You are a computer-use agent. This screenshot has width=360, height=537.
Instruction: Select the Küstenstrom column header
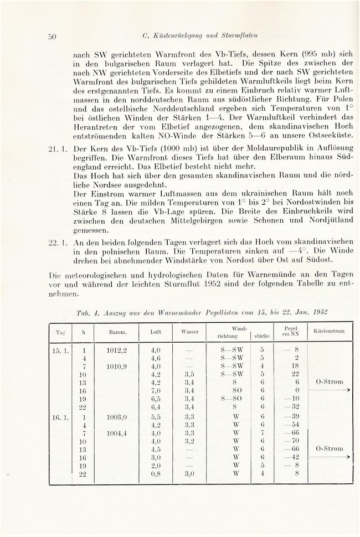pos(329,331)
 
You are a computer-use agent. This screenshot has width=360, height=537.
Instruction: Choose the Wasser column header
pos(189,331)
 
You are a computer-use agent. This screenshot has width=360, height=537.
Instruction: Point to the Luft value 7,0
pos(156,390)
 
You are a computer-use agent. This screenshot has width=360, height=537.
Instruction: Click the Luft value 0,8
pos(156,474)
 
